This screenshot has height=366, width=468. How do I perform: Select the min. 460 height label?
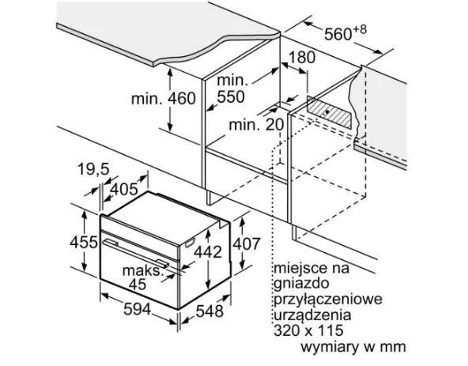pos(164,99)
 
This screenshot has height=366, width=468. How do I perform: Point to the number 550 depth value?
pos(231,96)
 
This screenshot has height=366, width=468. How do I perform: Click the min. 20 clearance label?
pos(256,124)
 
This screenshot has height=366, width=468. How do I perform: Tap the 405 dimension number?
pos(124,189)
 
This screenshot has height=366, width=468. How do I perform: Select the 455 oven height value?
pos(84,242)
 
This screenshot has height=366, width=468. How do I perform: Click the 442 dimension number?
pos(208,251)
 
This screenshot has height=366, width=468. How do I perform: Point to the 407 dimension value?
pos(247,243)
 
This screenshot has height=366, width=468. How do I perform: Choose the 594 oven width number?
pos(138,309)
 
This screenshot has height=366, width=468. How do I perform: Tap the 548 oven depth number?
pos(209,311)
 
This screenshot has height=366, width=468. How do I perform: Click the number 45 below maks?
pos(138,285)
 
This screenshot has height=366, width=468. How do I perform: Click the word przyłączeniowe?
pos(328,299)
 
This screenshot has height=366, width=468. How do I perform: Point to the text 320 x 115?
pos(308,330)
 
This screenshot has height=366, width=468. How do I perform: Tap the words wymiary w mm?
pos(353,347)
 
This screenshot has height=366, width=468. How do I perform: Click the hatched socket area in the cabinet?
pos(330,112)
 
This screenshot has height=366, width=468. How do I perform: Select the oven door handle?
pos(136,252)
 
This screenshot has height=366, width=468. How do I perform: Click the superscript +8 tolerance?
pos(360,29)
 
